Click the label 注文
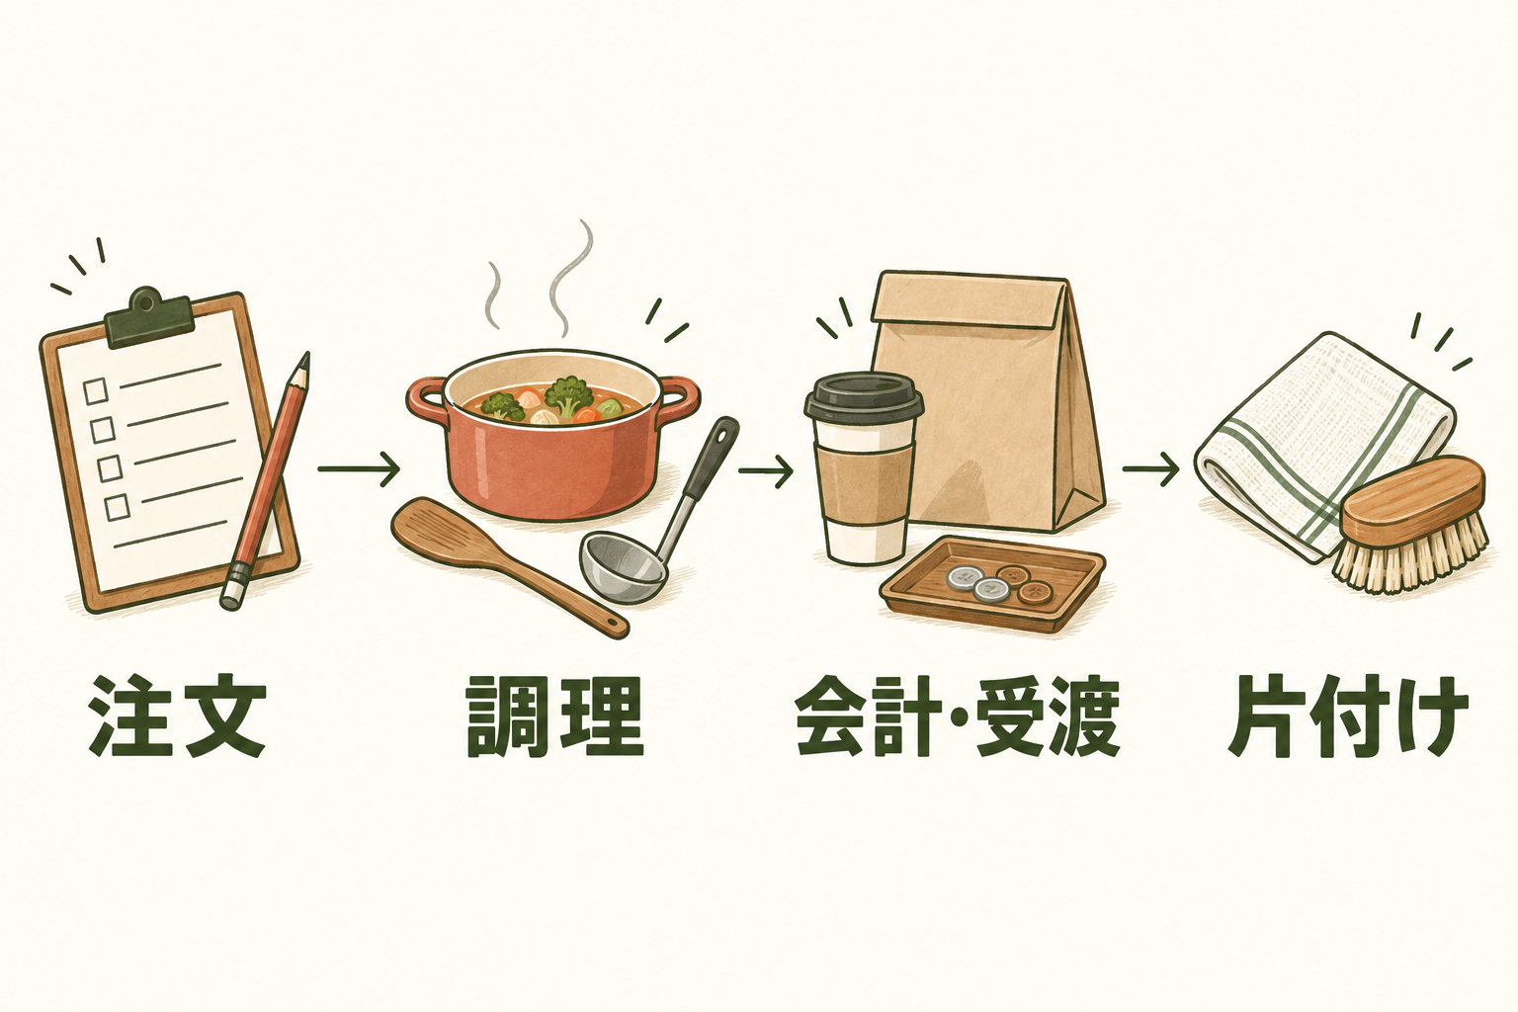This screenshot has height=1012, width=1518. tap(177, 717)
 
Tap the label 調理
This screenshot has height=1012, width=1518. tap(554, 717)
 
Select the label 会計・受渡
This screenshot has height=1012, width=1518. tap(957, 717)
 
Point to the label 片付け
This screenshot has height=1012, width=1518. tap(1347, 717)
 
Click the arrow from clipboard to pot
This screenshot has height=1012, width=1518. tap(359, 468)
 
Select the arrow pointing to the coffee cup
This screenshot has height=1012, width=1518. tap(766, 469)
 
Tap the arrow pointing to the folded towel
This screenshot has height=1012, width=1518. tap(1150, 469)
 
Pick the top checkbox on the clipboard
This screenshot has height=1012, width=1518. tap(95, 390)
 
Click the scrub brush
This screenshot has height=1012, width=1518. tap(1409, 524)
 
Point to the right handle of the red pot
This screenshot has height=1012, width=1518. tap(678, 401)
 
